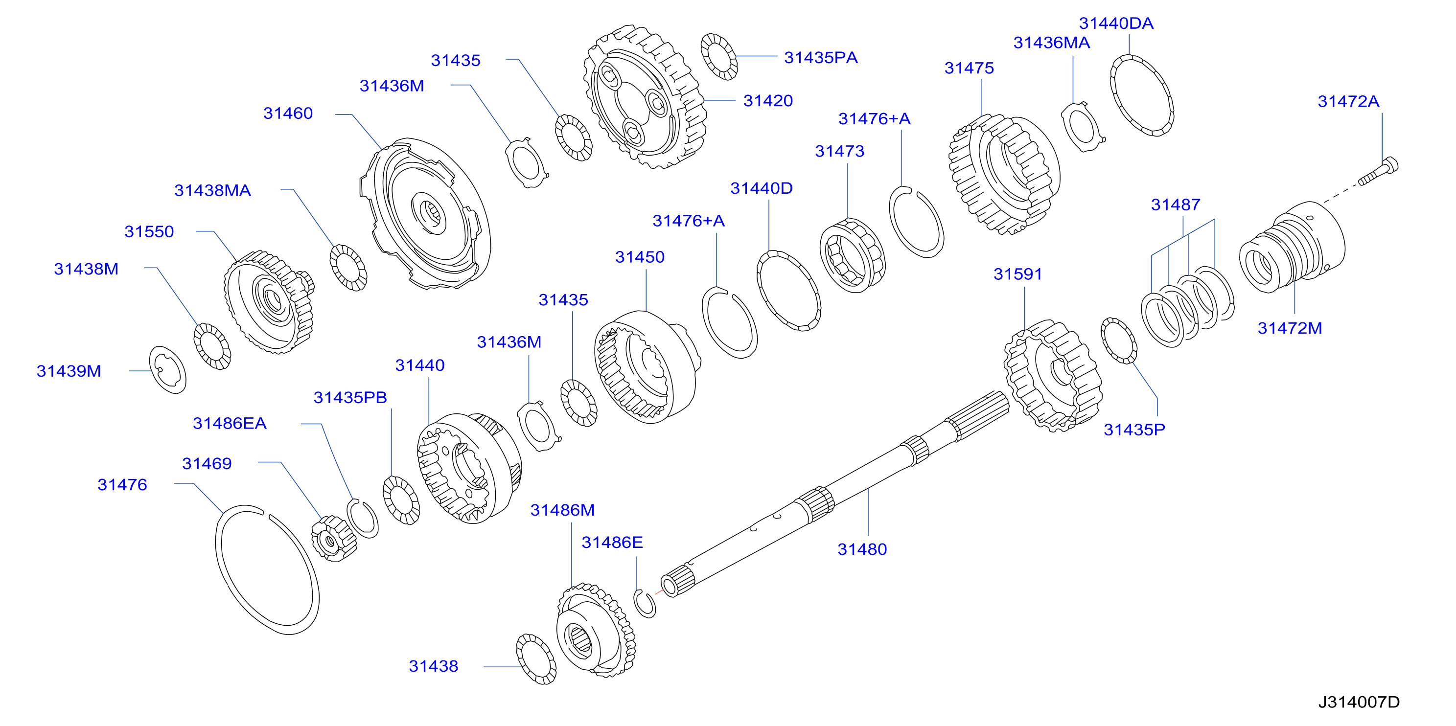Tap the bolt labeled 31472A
[1379, 172]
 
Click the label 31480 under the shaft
[862, 549]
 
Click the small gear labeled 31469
[333, 539]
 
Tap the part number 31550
[149, 231]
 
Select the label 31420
[767, 101]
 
